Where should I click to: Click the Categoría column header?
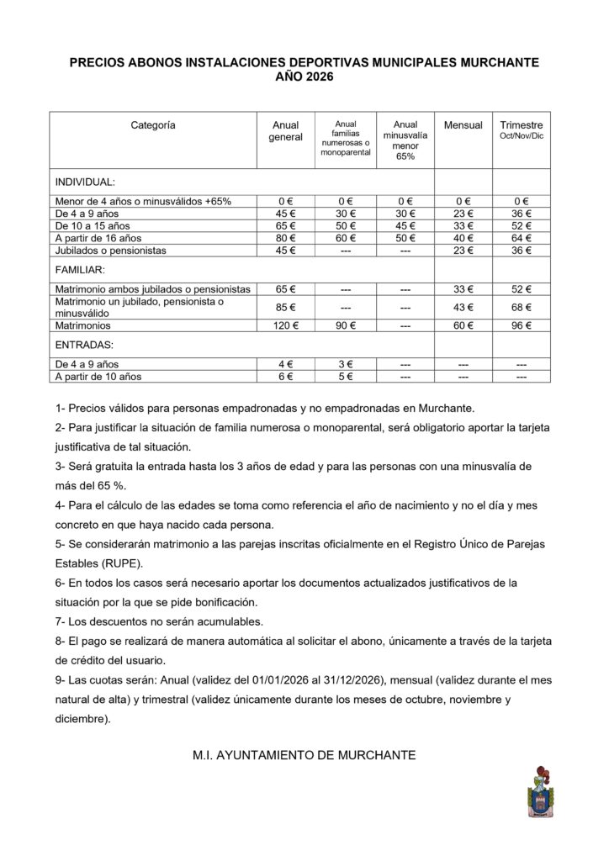pos(153,125)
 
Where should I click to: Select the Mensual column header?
pos(463,125)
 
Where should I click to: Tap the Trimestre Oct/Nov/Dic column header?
pos(522,129)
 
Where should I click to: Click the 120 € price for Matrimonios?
pos(285,325)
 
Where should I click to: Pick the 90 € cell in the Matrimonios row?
pos(347,325)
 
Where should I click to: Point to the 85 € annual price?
pos(285,307)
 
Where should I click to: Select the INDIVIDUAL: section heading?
pos(85,182)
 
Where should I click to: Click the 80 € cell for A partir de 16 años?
pos(285,238)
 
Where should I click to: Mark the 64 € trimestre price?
pos(522,238)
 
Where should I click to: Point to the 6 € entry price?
pos(285,377)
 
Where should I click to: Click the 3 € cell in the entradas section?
pos(347,364)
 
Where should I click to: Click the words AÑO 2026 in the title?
pos(304,77)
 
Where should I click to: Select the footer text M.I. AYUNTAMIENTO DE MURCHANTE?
pos(304,755)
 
